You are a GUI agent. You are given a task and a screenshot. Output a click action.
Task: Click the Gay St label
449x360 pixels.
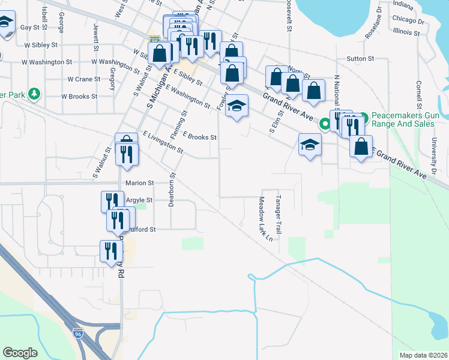click(x=29, y=28)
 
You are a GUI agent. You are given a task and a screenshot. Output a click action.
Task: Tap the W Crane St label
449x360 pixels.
click(x=83, y=79)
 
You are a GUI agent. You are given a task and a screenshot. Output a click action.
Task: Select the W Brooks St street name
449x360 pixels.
click(x=79, y=97)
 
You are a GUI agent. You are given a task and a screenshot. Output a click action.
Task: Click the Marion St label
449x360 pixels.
click(x=139, y=183)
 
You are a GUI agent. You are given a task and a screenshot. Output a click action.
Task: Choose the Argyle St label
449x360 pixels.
click(x=139, y=200)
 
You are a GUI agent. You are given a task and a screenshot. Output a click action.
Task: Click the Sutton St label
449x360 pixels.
click(x=360, y=59)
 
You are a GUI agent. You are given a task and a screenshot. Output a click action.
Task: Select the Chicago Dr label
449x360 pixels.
click(x=408, y=20)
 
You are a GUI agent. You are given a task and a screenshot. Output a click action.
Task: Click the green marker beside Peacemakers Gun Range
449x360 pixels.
click(x=325, y=124)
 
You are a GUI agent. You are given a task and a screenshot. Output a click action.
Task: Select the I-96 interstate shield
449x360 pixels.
click(x=78, y=332)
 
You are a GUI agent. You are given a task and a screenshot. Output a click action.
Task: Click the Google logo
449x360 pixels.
click(x=20, y=353)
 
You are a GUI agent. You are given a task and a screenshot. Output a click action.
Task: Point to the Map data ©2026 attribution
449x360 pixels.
click(x=423, y=355)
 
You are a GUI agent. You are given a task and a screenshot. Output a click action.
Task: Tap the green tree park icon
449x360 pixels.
click(x=35, y=94)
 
